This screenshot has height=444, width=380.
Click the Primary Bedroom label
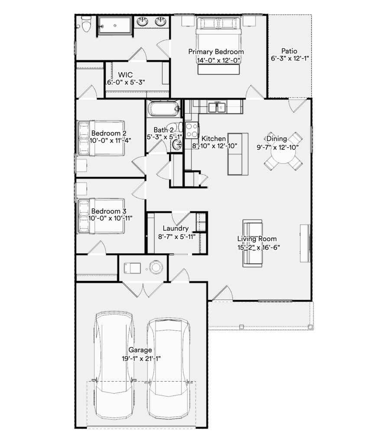click(x=216, y=52)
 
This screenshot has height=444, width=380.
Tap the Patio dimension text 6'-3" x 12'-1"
click(x=290, y=59)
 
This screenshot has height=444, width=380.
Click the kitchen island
click(x=238, y=154)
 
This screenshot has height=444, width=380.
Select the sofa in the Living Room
click(x=252, y=243)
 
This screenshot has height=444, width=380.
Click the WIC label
click(x=125, y=75)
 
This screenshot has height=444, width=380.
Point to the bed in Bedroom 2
click(x=101, y=138)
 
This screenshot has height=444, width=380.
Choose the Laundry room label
click(x=176, y=228)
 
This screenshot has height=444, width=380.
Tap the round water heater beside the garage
click(x=156, y=267)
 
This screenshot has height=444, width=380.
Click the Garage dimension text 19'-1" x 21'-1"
click(x=141, y=359)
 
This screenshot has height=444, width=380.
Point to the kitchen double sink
click(x=217, y=108)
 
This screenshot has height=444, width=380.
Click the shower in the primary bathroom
click(x=115, y=26)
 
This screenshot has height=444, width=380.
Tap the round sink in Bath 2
click(x=177, y=145)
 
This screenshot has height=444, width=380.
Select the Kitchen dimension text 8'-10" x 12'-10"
click(x=215, y=146)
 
